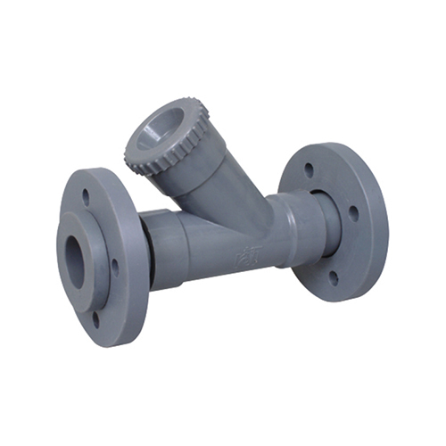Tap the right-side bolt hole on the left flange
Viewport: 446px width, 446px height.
click(x=113, y=265)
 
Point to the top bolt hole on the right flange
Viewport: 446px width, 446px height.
click(x=309, y=168)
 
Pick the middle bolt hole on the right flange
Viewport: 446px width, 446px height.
click(x=354, y=213)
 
